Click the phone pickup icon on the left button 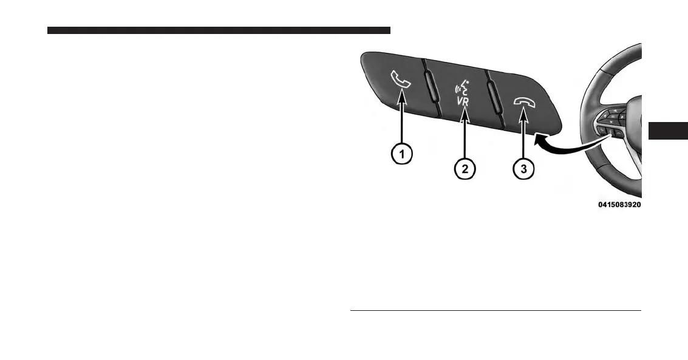401,80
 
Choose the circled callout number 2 465,169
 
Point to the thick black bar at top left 219,30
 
